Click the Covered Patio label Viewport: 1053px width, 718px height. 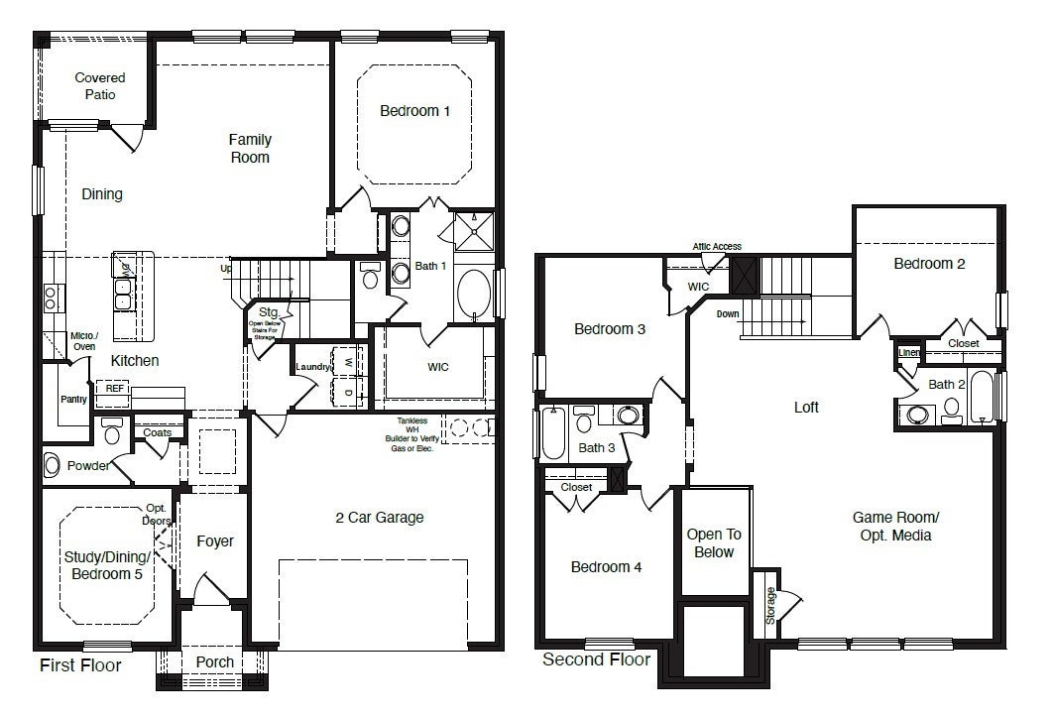coord(100,86)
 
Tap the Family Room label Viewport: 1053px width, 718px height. coord(250,149)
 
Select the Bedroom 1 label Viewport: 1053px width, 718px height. coord(414,111)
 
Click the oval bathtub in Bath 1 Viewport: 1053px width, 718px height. coord(473,294)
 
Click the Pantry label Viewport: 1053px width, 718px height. coord(74,400)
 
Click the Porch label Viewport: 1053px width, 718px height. coord(215,661)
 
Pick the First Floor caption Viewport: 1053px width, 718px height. coord(80,665)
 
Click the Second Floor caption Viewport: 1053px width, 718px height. coord(596,659)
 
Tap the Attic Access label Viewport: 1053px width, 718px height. coord(716,247)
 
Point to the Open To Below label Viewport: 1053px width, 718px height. coord(714,543)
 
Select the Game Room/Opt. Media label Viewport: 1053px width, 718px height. coord(896,527)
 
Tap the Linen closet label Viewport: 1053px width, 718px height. coord(908,352)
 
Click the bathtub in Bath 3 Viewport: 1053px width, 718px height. coord(553,432)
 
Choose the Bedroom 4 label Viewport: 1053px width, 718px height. coord(606,567)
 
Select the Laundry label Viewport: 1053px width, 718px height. coord(312,368)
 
